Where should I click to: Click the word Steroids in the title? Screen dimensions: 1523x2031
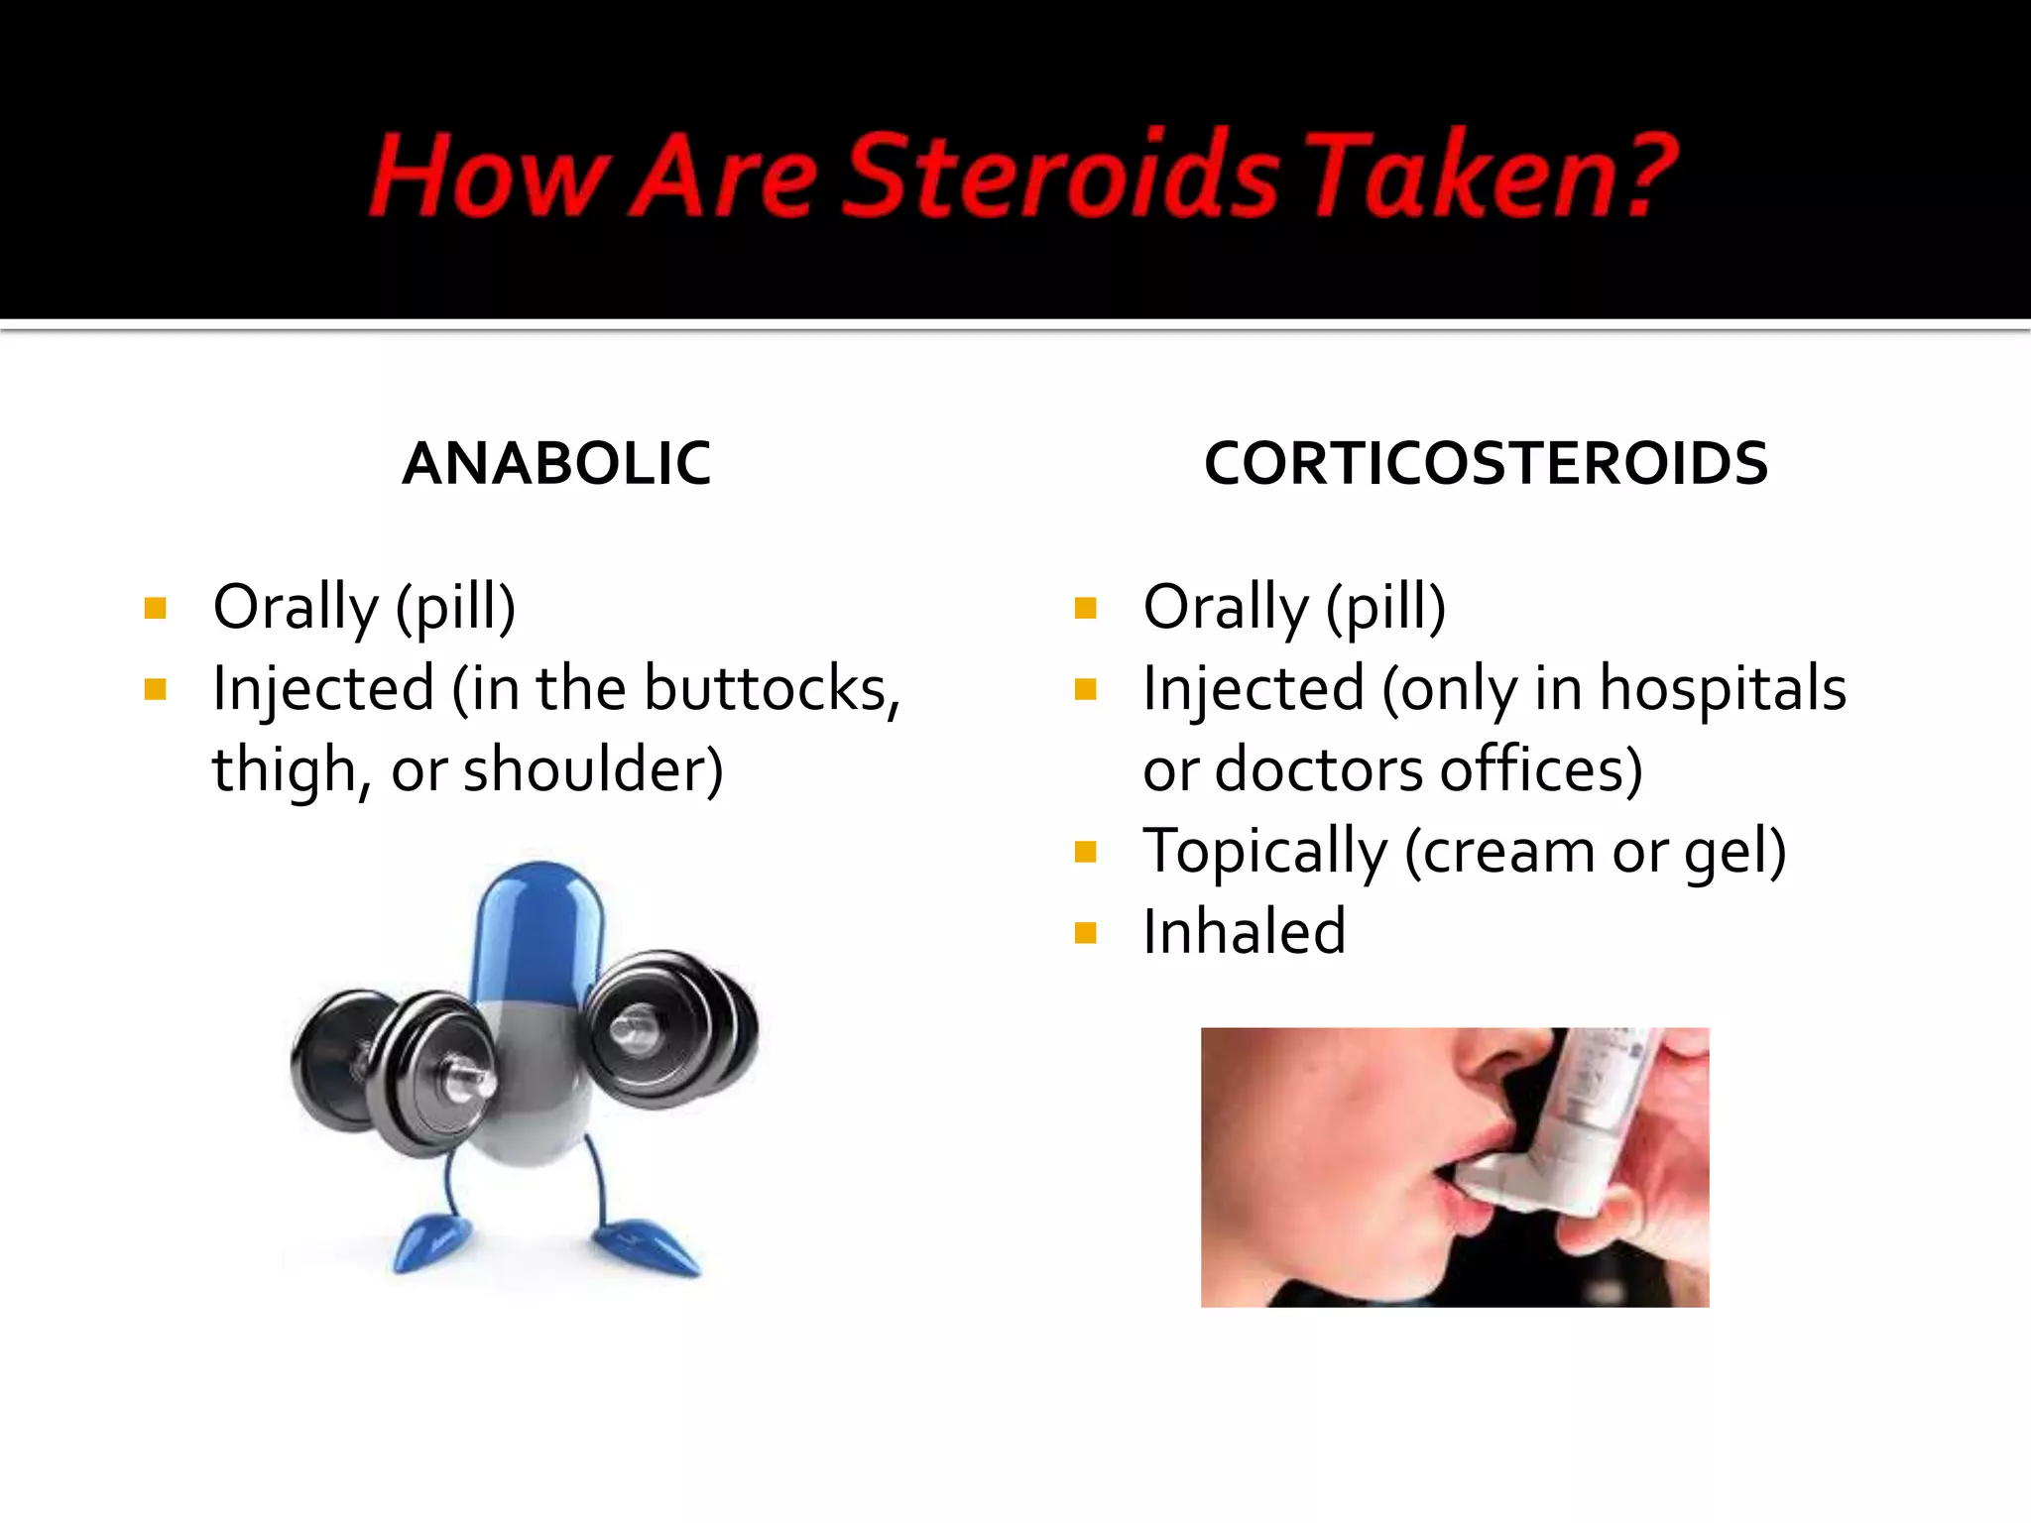coord(1061,176)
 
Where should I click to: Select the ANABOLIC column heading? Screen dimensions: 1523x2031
coord(556,463)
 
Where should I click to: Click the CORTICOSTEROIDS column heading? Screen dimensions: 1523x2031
coord(1486,463)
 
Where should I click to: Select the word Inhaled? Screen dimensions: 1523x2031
coord(1244,932)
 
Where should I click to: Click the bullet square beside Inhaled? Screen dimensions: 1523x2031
coord(1086,933)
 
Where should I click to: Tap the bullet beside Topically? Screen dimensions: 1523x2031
coord(1086,852)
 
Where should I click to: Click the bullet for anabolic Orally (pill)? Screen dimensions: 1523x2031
coord(155,608)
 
